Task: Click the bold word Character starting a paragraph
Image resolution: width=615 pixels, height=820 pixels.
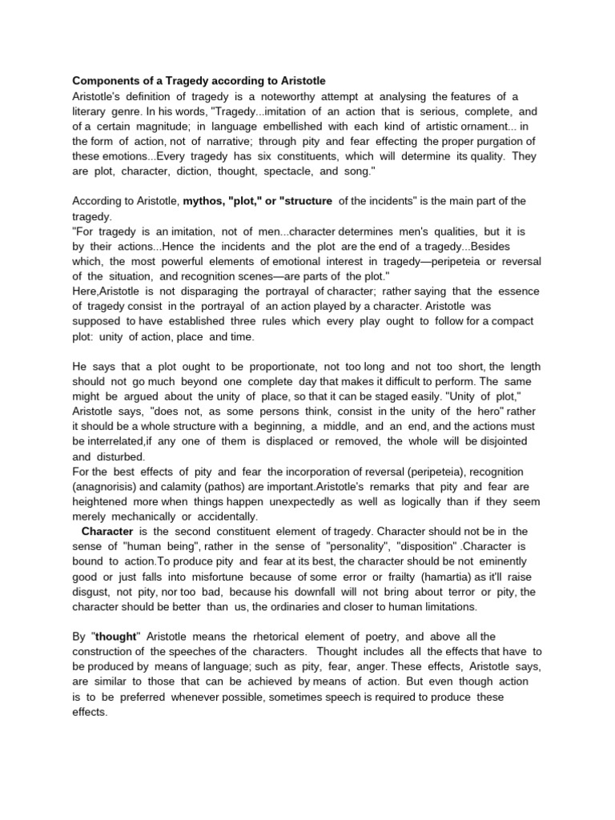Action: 107,532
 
